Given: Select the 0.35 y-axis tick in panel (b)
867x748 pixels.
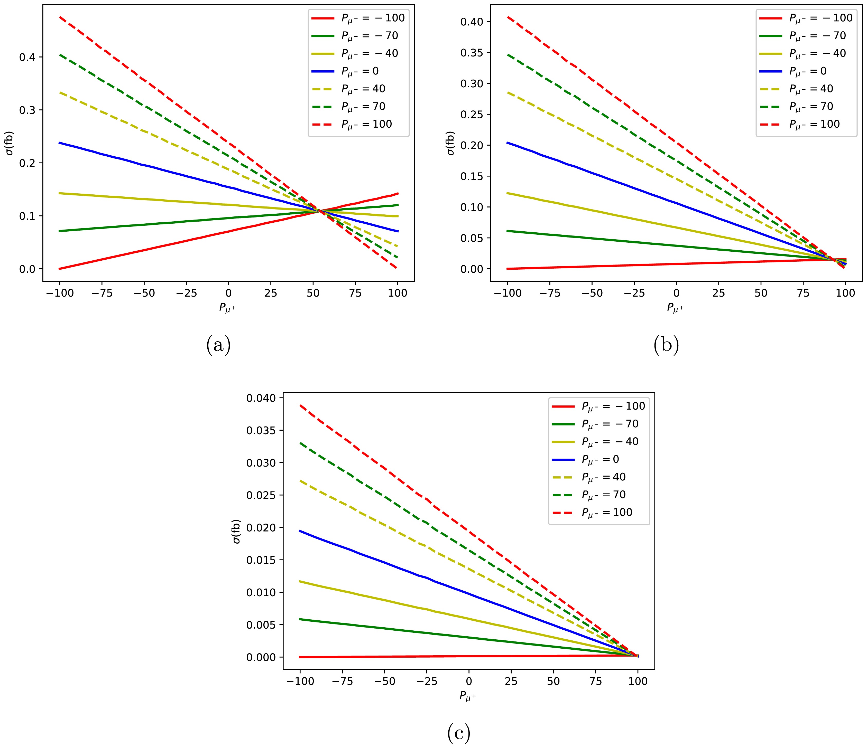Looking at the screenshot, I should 472,53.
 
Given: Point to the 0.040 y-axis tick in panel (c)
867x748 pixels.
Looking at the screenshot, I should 261,398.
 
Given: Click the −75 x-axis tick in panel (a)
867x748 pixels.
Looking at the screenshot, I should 102,293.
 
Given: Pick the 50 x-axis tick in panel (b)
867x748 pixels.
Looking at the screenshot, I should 761,293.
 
